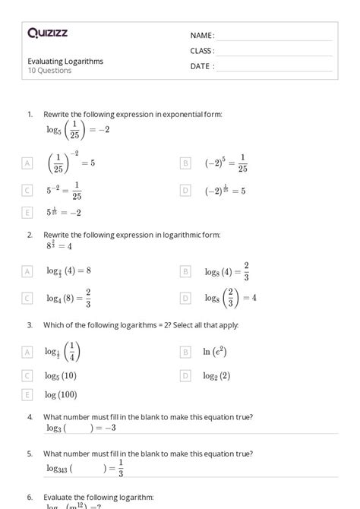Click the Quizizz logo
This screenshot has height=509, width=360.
pyautogui.click(x=47, y=33)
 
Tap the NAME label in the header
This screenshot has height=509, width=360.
pyautogui.click(x=202, y=35)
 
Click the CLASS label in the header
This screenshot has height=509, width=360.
pyautogui.click(x=202, y=51)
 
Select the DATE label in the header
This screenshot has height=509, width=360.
pyautogui.click(x=201, y=66)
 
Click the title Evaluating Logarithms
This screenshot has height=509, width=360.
pyautogui.click(x=65, y=61)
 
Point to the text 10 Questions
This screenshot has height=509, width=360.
pyautogui.click(x=49, y=71)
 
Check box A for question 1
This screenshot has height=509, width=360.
pyautogui.click(x=28, y=163)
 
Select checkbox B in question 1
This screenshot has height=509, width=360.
pyautogui.click(x=185, y=163)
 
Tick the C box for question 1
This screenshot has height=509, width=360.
pyautogui.click(x=28, y=191)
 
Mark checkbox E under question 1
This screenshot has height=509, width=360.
pyautogui.click(x=28, y=213)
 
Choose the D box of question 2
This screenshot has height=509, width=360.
pyautogui.click(x=185, y=299)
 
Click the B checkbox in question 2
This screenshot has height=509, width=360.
pyautogui.click(x=185, y=270)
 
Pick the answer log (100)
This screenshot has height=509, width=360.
pyautogui.click(x=61, y=394)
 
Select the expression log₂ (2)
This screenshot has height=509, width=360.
pyautogui.click(x=217, y=375)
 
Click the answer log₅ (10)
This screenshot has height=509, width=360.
pyautogui.click(x=61, y=375)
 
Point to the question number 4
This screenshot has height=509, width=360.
pyautogui.click(x=30, y=416)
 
